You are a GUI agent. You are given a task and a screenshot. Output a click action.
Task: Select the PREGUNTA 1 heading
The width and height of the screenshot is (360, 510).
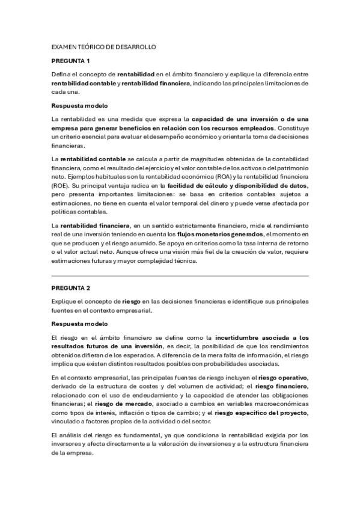click(x=70, y=61)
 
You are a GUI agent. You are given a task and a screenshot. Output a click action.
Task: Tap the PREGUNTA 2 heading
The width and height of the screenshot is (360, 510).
click(x=70, y=288)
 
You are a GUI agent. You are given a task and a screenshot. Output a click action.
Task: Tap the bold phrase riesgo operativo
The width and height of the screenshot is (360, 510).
click(x=283, y=377)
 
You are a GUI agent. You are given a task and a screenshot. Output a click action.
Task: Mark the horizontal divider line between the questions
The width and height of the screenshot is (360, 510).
click(x=180, y=276)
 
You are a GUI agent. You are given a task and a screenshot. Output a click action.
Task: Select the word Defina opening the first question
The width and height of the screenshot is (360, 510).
click(x=61, y=75)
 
